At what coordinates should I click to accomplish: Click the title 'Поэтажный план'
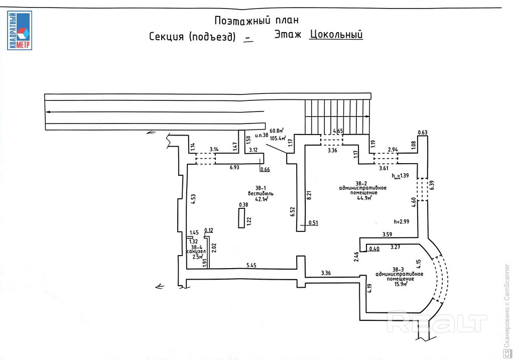pyautogui.click(x=256, y=21)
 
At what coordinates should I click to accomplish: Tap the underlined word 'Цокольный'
pyautogui.click(x=336, y=35)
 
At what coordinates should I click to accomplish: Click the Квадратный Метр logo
pyautogui.click(x=20, y=30)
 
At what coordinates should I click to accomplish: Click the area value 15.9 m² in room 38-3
pyautogui.click(x=400, y=284)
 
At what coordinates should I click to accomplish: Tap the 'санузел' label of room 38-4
pyautogui.click(x=196, y=251)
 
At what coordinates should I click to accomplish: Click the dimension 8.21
pyautogui.click(x=309, y=195)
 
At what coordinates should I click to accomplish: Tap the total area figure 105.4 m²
pyautogui.click(x=278, y=138)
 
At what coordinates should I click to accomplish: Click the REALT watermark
pyautogui.click(x=437, y=322)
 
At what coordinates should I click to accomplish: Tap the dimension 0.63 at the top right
pyautogui.click(x=422, y=133)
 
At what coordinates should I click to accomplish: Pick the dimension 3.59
pyautogui.click(x=387, y=234)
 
